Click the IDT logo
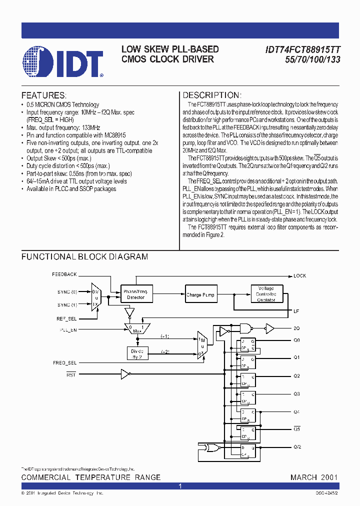click(x=62, y=62)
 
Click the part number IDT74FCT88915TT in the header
click(x=301, y=50)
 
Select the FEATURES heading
click(x=43, y=95)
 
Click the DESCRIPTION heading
click(x=212, y=95)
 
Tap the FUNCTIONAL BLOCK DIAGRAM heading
click(x=84, y=257)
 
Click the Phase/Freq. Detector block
click(x=136, y=294)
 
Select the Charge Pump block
click(x=200, y=295)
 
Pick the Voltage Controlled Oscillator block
click(x=266, y=294)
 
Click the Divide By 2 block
click(x=137, y=354)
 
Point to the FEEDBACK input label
click(x=64, y=274)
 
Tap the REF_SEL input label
click(x=66, y=318)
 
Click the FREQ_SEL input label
click(x=65, y=362)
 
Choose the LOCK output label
click(x=299, y=275)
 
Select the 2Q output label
click(x=296, y=328)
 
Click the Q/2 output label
click(x=297, y=447)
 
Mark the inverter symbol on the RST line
click(x=125, y=373)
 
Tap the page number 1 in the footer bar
click(x=180, y=486)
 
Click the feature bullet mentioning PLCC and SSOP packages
click(x=71, y=189)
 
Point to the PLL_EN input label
click(x=68, y=330)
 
